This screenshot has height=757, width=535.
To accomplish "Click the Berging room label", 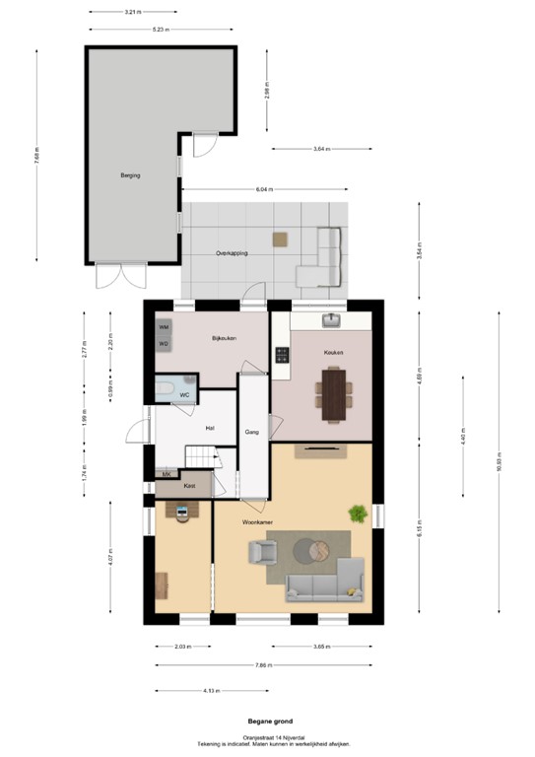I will tap(130, 175).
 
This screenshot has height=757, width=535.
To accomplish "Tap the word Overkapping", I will tap(232, 253).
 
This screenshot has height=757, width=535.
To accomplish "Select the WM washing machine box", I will tap(164, 326).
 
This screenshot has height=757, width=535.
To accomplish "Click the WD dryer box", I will tap(164, 343).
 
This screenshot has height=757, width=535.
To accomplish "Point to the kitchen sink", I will tap(331, 319).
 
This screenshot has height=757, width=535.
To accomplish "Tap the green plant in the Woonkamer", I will tap(357, 513).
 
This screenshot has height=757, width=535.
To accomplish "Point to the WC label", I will tap(184, 395).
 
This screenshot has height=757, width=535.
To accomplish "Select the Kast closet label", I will tap(189, 486).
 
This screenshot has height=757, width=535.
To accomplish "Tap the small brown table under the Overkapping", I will tap(281, 238).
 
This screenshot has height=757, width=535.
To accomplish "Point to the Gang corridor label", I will tap(251, 433).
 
